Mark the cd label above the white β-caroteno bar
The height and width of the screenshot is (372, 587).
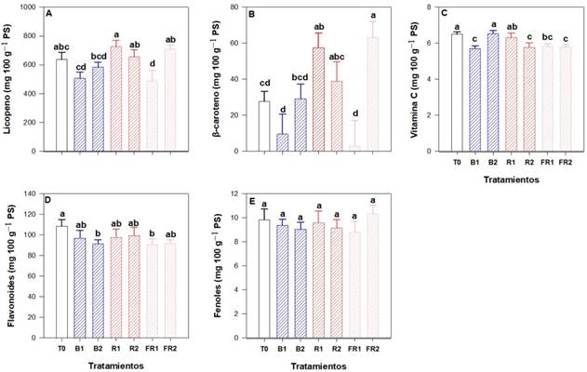[263, 83]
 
